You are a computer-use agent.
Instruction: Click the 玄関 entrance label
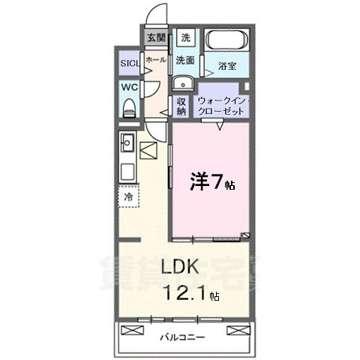tap(156, 37)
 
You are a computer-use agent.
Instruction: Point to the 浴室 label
tap(228, 66)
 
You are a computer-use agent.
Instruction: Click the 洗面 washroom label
tap(185, 59)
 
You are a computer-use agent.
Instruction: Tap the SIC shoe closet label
tap(129, 63)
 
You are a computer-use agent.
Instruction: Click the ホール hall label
tap(156, 58)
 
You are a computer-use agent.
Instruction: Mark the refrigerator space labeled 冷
tap(128, 196)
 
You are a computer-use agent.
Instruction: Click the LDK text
tap(178, 268)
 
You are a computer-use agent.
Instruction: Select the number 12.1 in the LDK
tap(184, 294)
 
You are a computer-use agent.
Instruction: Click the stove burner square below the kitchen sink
tap(127, 169)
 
